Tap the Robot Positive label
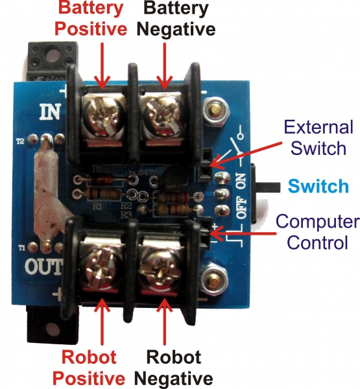pos(89,367)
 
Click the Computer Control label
pos(317,232)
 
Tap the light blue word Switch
pos(318,186)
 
